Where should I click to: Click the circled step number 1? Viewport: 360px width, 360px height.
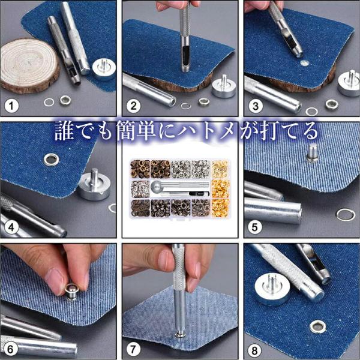[11, 106]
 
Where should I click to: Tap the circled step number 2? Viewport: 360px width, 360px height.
[133, 106]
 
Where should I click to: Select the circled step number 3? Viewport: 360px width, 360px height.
[256, 106]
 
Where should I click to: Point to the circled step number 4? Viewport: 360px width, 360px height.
[11, 227]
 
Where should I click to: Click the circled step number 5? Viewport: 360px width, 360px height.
[255, 227]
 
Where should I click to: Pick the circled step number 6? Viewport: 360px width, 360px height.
[10, 349]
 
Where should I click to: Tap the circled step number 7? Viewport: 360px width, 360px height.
[133, 349]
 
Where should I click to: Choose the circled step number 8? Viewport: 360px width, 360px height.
[254, 350]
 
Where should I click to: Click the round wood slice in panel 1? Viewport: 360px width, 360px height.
[29, 65]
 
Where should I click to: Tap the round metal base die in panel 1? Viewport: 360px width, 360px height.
[104, 69]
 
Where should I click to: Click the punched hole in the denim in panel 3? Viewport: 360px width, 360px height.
[304, 63]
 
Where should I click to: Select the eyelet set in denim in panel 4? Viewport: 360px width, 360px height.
[51, 160]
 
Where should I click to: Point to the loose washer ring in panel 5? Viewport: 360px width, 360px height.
[346, 214]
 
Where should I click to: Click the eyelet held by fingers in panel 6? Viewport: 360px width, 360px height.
[72, 292]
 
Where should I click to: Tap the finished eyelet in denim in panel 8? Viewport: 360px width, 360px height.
[318, 327]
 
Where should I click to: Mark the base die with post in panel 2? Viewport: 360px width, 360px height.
[224, 87]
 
